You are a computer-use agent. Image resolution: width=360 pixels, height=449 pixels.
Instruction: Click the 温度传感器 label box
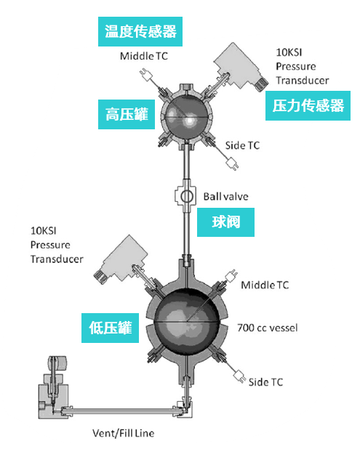point(140,32)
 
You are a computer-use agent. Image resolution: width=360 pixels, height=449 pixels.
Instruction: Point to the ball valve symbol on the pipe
point(185,197)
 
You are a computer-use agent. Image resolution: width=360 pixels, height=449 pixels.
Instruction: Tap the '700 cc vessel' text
point(268,328)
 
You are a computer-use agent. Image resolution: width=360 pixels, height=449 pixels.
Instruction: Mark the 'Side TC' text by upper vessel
point(244,145)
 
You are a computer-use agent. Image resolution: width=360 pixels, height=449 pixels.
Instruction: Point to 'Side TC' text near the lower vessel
point(266,381)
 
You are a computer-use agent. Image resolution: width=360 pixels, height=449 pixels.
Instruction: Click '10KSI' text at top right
point(291,52)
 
